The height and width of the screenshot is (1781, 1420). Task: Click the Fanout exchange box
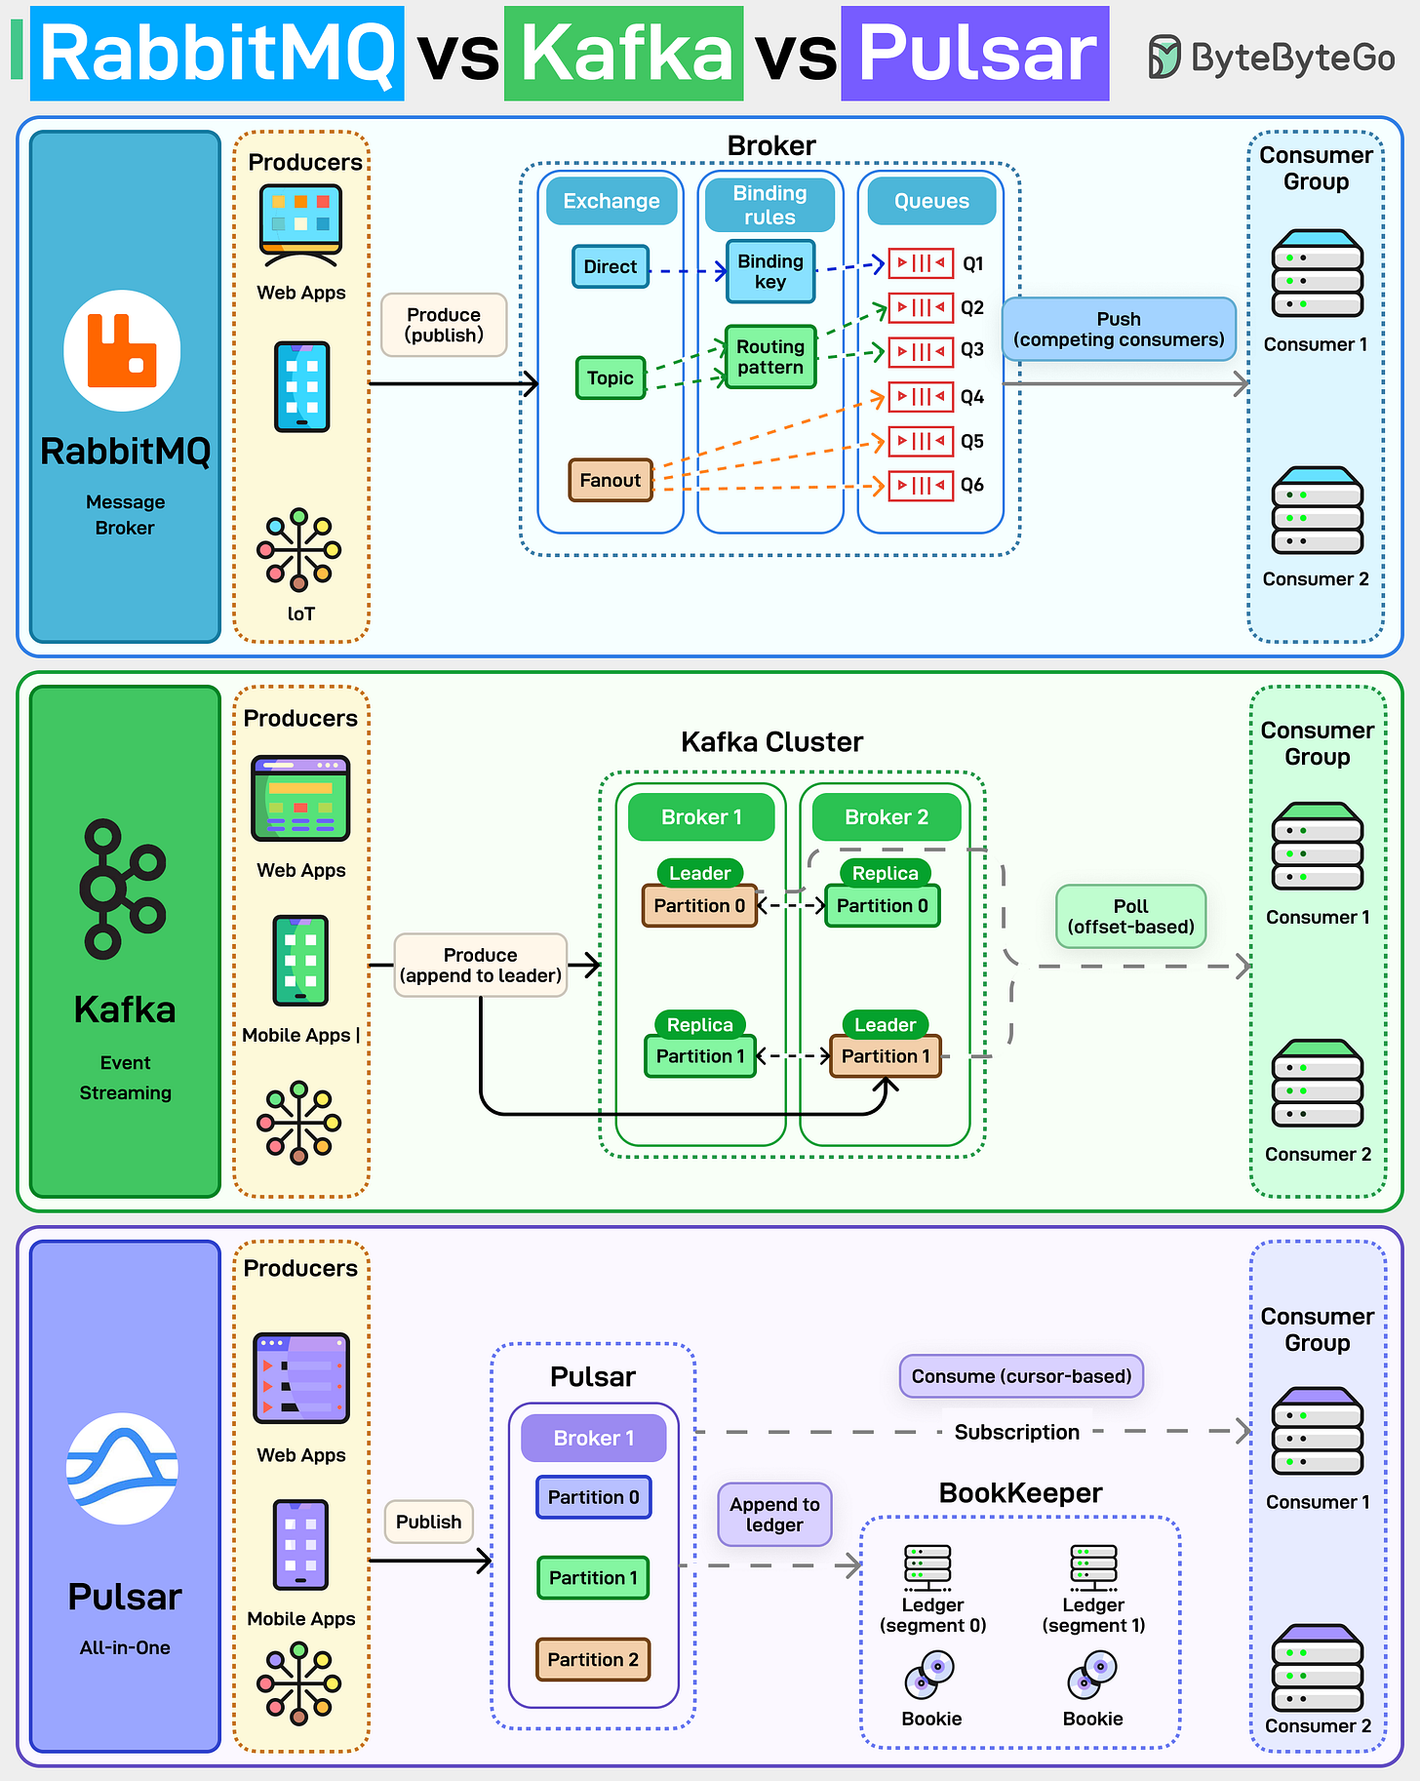point(611,480)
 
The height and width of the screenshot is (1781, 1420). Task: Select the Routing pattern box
point(770,357)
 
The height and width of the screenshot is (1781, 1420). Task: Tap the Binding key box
point(770,271)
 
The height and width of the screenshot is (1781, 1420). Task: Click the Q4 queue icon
point(921,397)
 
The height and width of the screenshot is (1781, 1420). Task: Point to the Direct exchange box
point(611,266)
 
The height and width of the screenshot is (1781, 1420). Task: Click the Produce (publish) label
point(444,325)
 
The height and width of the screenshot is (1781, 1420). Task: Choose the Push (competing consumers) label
point(1119,330)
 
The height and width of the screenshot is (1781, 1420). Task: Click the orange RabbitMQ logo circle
point(122,350)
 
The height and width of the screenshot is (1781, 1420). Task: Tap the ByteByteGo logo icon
point(1164,57)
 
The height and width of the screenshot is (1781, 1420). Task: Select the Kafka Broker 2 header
point(886,817)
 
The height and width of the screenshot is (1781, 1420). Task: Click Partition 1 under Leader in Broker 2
point(886,1056)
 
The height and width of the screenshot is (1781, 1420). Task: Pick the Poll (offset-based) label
point(1130,917)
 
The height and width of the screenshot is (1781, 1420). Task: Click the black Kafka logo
point(122,889)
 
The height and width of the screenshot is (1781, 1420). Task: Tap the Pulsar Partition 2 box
point(593,1659)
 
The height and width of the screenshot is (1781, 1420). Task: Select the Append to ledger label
point(774,1515)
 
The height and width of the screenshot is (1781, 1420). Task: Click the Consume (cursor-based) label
point(1021,1376)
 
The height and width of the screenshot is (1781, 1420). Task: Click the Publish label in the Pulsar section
point(428,1522)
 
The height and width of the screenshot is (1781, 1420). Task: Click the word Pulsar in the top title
point(975,54)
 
